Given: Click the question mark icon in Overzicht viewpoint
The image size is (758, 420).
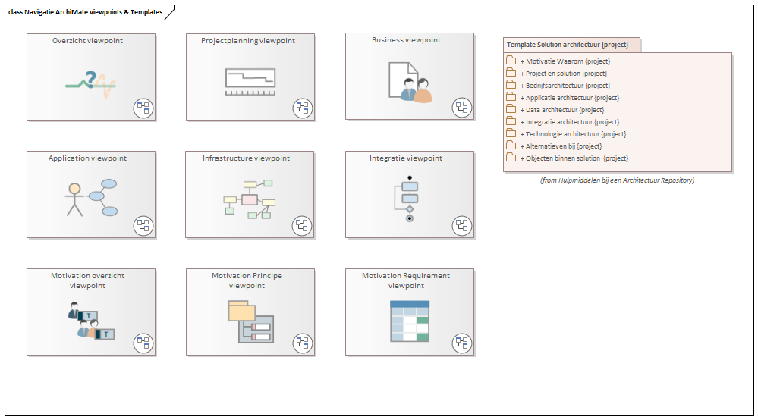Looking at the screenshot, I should [91, 78].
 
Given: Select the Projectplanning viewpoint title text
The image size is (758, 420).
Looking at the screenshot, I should [248, 41].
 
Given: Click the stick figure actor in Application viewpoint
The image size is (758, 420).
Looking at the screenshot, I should [74, 199].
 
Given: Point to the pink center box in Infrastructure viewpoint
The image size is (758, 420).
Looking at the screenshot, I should [250, 199].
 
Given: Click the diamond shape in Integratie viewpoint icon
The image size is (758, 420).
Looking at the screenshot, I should [410, 208].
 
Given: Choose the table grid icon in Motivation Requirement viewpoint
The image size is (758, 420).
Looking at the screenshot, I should [409, 321].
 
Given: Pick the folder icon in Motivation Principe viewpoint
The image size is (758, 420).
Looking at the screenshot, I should [242, 311].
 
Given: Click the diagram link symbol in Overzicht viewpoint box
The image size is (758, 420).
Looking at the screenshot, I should [143, 108].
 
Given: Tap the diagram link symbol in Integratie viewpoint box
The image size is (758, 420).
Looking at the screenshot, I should [462, 225].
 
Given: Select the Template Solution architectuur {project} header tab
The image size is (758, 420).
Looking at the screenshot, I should [568, 45].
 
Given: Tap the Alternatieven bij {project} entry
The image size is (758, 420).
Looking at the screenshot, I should [561, 146].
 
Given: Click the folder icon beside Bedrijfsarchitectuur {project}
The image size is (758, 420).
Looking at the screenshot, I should [511, 86].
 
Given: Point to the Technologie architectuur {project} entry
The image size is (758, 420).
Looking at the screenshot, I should [573, 134].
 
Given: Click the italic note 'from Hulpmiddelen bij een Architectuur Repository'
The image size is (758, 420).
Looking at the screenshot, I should [617, 180].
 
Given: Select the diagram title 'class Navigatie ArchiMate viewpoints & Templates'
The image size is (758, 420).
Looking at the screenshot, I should [86, 11].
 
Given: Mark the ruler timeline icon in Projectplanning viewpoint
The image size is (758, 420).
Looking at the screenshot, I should [250, 81].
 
